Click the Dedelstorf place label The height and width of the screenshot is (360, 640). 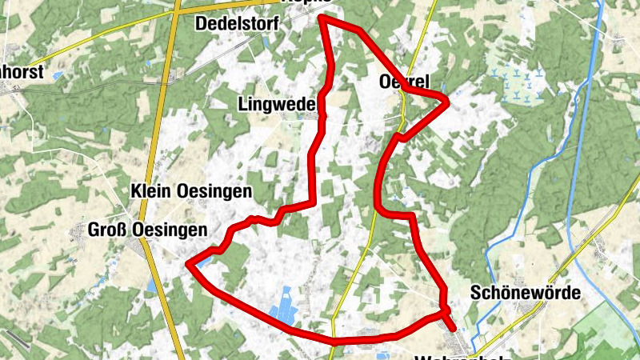[236, 24]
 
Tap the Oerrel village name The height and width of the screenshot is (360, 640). [404, 82]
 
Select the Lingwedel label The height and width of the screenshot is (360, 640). [278, 103]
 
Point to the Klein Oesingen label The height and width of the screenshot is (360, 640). [191, 191]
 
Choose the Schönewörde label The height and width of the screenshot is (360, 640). [526, 293]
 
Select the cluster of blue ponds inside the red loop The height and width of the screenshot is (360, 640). [282, 313]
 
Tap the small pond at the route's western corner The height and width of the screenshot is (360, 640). [205, 260]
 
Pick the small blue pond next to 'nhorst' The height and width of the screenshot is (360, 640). [58, 75]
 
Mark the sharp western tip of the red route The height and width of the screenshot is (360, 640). [186, 262]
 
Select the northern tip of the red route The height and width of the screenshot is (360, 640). [322, 16]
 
